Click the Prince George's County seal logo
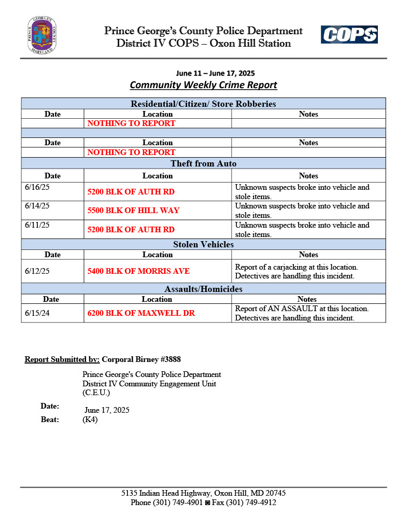tap(42, 35)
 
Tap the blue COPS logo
tap(349, 35)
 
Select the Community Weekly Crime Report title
tap(203, 85)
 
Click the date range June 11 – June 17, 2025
tap(216, 73)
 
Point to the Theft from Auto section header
tap(203, 163)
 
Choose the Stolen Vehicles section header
tap(203, 244)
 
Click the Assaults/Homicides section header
tap(203, 289)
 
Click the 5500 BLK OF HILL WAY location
tap(133, 211)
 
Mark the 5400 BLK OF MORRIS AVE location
tap(138, 271)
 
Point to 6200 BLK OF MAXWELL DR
tap(141, 313)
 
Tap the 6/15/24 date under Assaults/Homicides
tap(37, 313)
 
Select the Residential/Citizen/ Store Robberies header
tap(203, 104)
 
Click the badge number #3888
tap(171, 359)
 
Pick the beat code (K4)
tap(90, 420)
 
